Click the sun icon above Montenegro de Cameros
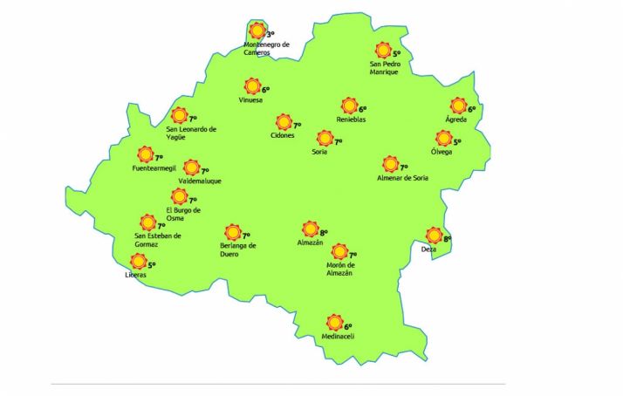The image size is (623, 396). tap(256, 32)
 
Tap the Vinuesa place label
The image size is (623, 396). tap(250, 99)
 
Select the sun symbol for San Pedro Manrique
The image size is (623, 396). tap(382, 51)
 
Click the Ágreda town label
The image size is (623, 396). tap(455, 119)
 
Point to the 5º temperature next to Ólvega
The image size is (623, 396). tap(456, 141)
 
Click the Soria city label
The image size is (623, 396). tap(319, 152)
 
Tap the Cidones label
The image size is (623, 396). tap(283, 135)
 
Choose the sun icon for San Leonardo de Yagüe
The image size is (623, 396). tap(180, 115)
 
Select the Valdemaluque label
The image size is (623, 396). tap(200, 181)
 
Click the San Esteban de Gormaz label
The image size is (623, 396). tap(157, 239)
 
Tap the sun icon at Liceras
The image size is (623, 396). tap(138, 262)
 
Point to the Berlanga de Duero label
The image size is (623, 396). tap(238, 249)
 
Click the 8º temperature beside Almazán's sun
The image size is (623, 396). tap(323, 232)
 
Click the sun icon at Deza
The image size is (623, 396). tap(434, 235)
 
